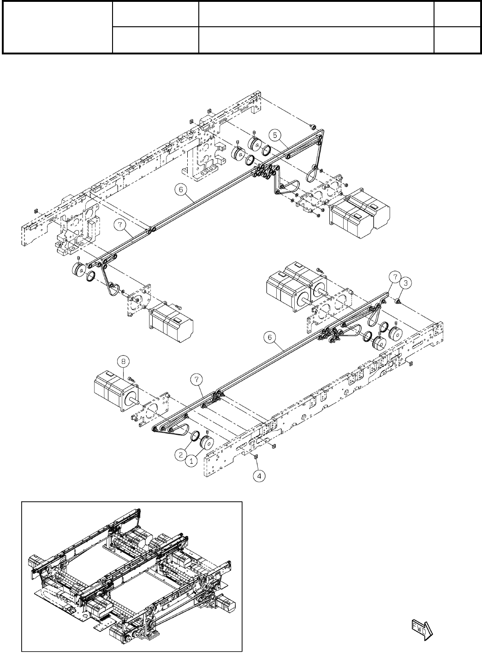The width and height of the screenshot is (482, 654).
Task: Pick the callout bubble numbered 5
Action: [x=275, y=135]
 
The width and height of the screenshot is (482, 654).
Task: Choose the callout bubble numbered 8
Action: [x=124, y=362]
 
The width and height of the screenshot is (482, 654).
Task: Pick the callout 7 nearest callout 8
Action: [x=197, y=379]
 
